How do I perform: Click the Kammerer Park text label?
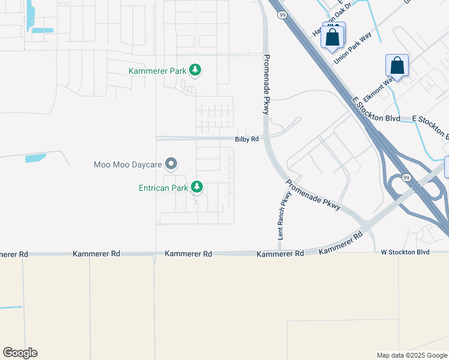click(157, 71)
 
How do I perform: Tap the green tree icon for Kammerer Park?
click(194, 71)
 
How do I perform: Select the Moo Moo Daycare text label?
click(128, 164)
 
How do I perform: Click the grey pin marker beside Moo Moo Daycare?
click(171, 163)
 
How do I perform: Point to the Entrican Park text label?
click(163, 188)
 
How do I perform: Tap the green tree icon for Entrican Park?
click(196, 188)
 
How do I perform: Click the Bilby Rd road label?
click(247, 139)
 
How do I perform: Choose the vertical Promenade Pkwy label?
click(267, 85)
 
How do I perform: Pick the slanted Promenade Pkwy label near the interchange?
click(313, 195)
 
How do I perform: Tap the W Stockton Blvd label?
click(405, 252)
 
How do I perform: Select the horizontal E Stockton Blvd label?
click(431, 119)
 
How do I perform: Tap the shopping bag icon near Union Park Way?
click(333, 38)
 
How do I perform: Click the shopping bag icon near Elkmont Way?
click(397, 65)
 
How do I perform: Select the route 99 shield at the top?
click(281, 14)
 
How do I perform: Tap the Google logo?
click(20, 353)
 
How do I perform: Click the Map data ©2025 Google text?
click(412, 355)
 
